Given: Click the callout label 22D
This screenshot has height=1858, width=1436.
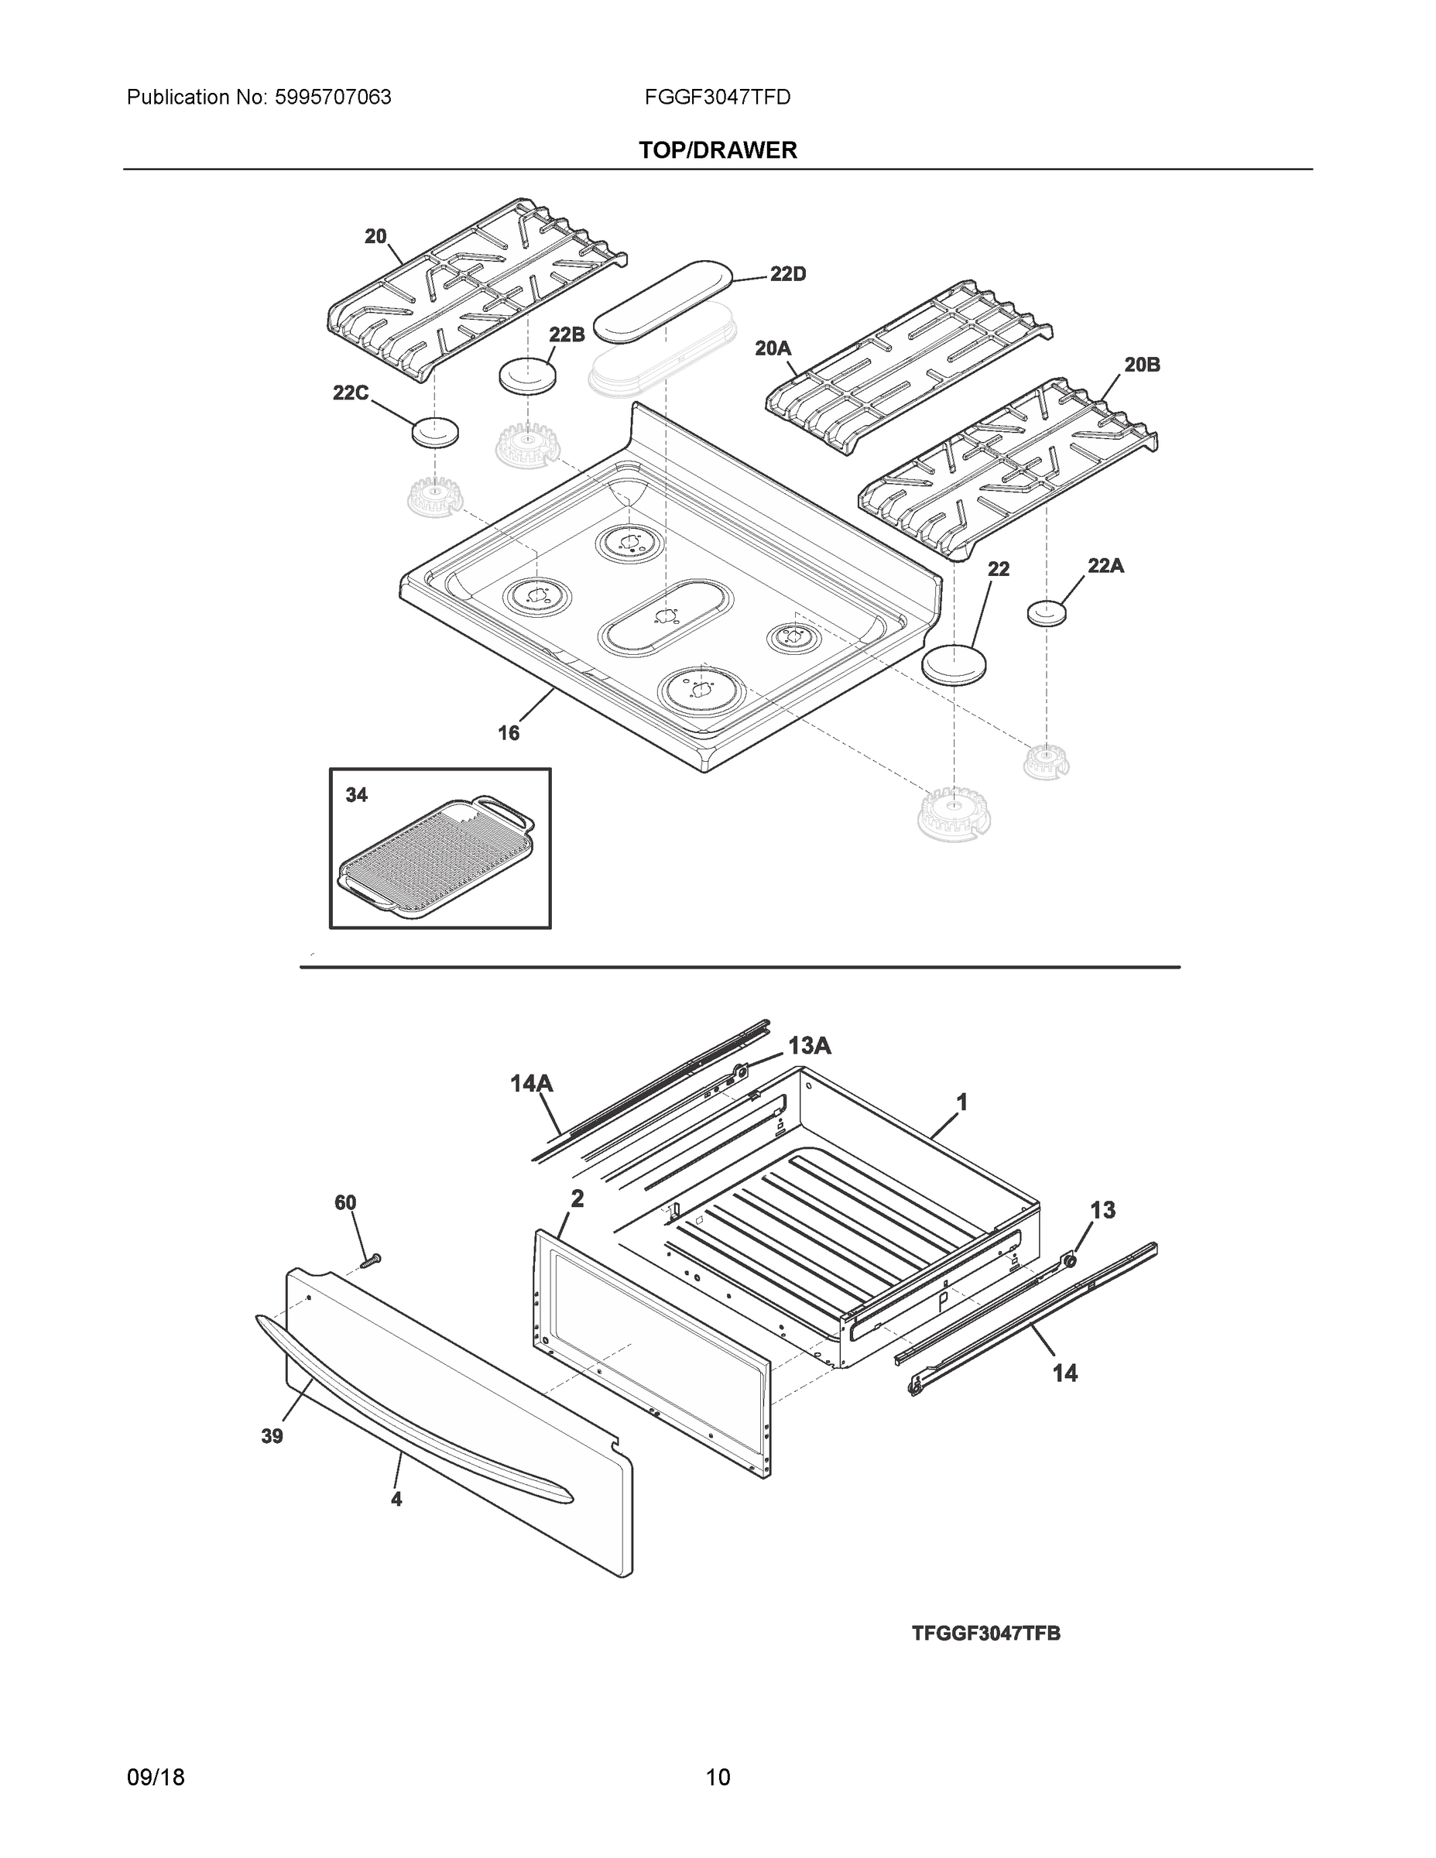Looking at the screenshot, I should [x=787, y=274].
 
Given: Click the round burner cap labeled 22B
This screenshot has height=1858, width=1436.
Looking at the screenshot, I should [x=526, y=375].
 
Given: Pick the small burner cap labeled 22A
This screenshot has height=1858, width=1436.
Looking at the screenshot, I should [x=1047, y=612].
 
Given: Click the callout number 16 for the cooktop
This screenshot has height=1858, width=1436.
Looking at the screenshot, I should [x=508, y=732].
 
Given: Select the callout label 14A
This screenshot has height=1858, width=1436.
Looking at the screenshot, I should [x=532, y=1083].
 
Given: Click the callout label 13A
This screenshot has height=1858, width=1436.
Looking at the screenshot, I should [x=809, y=1046].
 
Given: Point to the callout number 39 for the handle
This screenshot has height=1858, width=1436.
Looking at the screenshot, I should [x=272, y=1436].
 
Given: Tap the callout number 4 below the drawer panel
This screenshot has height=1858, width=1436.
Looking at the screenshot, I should [x=396, y=1499].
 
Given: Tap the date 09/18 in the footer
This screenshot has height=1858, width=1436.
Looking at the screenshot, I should [x=156, y=1753].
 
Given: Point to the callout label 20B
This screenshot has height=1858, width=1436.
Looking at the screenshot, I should [x=1142, y=365].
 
